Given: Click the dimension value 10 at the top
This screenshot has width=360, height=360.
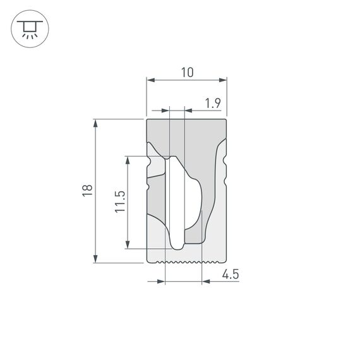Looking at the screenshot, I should (187, 73).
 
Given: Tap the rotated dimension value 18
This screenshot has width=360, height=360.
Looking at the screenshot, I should (87, 190).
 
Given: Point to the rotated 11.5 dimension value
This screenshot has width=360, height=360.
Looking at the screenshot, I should (120, 202).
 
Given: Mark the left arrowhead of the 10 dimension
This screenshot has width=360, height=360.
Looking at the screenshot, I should (150, 80).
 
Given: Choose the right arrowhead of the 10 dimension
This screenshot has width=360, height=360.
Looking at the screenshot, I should (223, 80).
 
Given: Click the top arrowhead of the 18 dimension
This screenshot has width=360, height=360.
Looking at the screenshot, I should (95, 123).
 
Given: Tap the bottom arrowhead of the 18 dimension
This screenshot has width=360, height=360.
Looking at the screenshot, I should (95, 258).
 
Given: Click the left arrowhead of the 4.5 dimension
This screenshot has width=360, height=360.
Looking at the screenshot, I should (161, 281).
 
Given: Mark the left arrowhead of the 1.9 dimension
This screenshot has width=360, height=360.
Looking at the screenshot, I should (167, 111).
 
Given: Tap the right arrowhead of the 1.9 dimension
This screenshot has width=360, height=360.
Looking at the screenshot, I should (188, 111).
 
